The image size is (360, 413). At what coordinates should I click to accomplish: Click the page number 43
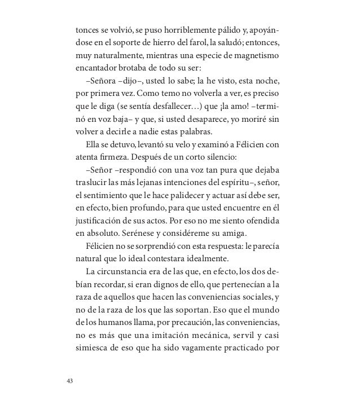tap(70, 380)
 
